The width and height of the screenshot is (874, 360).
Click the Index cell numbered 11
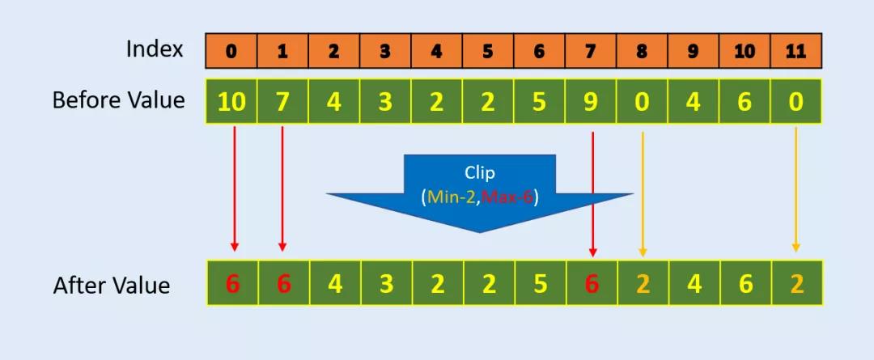tap(796, 51)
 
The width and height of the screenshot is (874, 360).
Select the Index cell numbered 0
tap(231, 51)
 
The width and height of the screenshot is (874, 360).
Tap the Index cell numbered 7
tap(591, 51)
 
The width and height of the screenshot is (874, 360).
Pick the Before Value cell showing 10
tap(231, 102)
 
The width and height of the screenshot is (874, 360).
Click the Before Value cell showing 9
tap(591, 102)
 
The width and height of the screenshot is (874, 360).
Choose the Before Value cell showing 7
tap(282, 102)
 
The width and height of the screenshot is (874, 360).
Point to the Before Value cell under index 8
tap(642, 102)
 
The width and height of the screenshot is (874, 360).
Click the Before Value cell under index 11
tap(796, 102)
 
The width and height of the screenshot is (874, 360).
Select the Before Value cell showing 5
tap(540, 102)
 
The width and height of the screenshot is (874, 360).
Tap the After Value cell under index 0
tap(232, 284)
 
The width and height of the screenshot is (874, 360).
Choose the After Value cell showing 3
tap(386, 284)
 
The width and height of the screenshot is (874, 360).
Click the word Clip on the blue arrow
tap(480, 172)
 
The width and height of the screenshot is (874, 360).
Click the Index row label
tap(155, 49)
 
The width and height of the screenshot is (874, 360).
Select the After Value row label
tap(112, 285)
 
